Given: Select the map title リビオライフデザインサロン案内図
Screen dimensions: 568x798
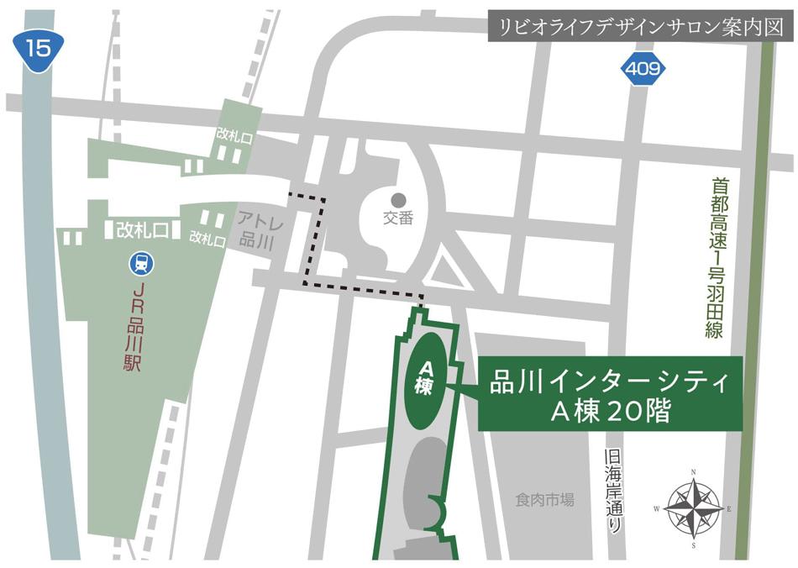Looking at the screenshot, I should point(640,26).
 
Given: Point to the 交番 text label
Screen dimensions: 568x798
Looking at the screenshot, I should point(398,218).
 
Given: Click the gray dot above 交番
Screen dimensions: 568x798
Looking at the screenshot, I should point(398,199).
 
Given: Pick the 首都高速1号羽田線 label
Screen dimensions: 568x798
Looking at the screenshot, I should point(716,256).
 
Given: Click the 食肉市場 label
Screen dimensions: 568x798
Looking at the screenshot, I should point(545,500).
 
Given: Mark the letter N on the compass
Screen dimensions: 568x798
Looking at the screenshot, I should point(693,472).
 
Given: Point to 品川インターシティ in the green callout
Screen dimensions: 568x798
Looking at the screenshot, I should point(610,383).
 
